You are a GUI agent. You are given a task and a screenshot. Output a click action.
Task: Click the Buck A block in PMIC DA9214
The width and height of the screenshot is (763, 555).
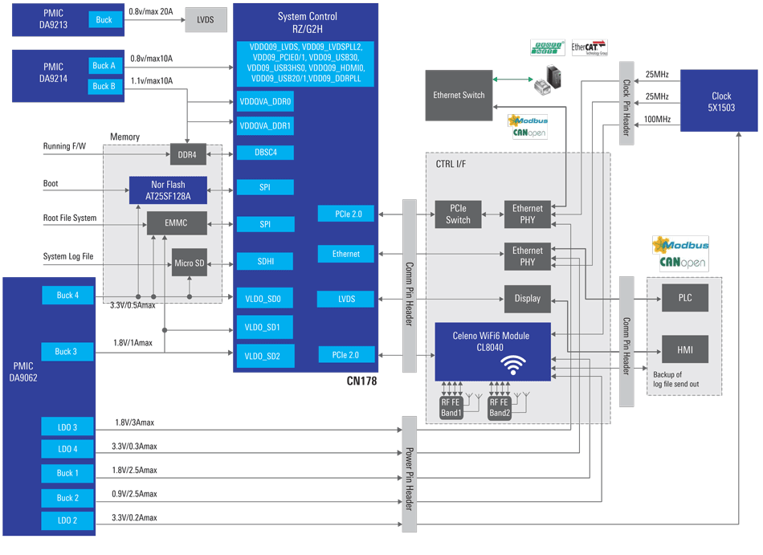pyautogui.click(x=104, y=66)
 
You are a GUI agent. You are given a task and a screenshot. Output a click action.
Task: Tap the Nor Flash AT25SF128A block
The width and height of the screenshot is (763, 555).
pyautogui.click(x=168, y=190)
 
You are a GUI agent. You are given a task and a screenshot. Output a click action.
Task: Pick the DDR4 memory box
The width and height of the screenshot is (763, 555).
pyautogui.click(x=188, y=153)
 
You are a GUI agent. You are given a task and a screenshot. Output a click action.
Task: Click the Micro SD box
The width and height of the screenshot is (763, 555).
pyautogui.click(x=190, y=263)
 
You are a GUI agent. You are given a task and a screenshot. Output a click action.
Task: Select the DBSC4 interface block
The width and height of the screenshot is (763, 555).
pyautogui.click(x=264, y=153)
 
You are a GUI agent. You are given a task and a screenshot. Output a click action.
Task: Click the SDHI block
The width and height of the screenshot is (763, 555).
pyautogui.click(x=264, y=262)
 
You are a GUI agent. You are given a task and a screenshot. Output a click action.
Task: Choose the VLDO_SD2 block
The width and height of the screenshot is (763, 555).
pyautogui.click(x=264, y=355)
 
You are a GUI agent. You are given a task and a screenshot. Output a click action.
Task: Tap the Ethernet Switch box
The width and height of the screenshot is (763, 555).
pyautogui.click(x=459, y=96)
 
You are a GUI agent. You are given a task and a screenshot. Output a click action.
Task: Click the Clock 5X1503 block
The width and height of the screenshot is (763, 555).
pyautogui.click(x=720, y=101)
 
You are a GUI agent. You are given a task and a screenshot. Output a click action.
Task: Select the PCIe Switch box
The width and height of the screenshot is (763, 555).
pyautogui.click(x=458, y=214)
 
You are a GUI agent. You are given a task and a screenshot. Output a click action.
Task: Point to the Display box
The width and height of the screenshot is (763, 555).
pyautogui.click(x=527, y=299)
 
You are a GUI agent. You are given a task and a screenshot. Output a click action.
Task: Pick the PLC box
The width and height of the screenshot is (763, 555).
pyautogui.click(x=684, y=298)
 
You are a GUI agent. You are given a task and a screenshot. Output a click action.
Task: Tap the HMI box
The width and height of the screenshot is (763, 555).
pyautogui.click(x=684, y=349)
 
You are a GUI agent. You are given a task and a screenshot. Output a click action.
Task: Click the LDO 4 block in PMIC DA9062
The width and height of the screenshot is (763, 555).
pyautogui.click(x=67, y=449)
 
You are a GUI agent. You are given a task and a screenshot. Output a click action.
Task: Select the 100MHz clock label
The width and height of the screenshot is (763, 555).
pyautogui.click(x=656, y=120)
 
